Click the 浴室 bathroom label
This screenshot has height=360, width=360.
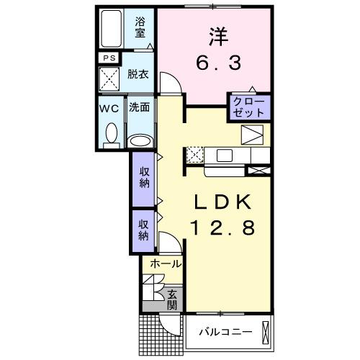[x=140, y=27]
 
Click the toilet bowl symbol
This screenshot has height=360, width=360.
[x=111, y=133]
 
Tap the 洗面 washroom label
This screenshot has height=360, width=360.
[x=140, y=108]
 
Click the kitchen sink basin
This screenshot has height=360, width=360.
[x=222, y=154]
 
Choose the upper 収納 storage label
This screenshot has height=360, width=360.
[x=143, y=176]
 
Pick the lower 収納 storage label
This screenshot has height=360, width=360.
[x=143, y=229]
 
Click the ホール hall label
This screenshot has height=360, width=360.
[x=166, y=265]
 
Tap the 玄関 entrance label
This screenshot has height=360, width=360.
[x=173, y=299]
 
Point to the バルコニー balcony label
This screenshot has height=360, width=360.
[x=225, y=332]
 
